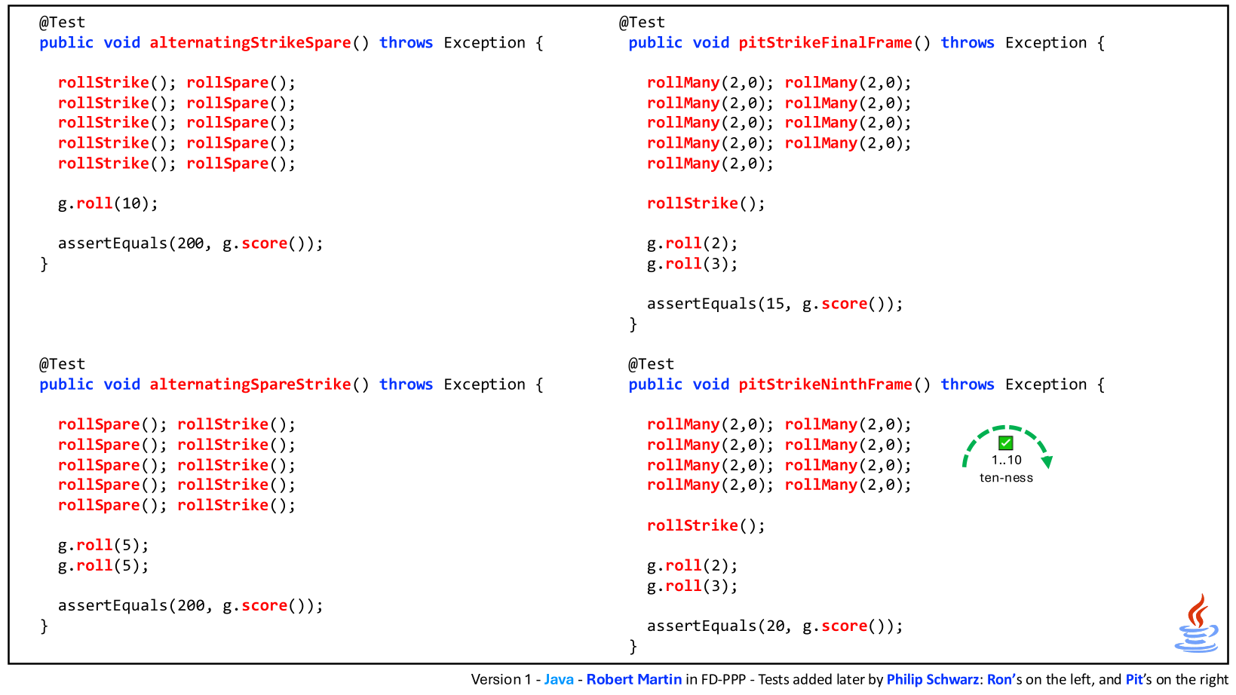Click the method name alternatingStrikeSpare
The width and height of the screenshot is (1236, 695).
250,43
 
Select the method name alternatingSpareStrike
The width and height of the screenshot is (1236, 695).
250,384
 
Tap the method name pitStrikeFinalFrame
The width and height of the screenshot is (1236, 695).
826,43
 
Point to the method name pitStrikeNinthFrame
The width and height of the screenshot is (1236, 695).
826,384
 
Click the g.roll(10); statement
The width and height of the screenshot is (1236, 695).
108,204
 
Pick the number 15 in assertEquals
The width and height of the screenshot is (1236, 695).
774,304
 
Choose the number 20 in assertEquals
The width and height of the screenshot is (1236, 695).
774,626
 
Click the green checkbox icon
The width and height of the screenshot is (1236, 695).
1005,443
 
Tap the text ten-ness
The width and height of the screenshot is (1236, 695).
1006,478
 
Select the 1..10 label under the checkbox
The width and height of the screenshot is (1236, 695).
1006,460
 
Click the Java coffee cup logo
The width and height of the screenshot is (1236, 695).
1196,623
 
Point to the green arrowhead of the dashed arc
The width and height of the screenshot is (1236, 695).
1047,461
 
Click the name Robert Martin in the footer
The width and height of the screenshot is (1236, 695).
634,680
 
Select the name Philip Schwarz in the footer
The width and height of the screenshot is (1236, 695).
933,680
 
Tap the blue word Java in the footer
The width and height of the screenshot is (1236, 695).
559,680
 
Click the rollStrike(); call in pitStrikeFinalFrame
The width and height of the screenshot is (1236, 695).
706,204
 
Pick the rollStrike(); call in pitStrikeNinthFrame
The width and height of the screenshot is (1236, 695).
706,525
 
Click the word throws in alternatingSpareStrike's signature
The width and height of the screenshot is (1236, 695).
406,384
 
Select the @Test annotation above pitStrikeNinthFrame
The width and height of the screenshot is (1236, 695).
651,364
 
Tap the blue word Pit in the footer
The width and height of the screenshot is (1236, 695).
1134,680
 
